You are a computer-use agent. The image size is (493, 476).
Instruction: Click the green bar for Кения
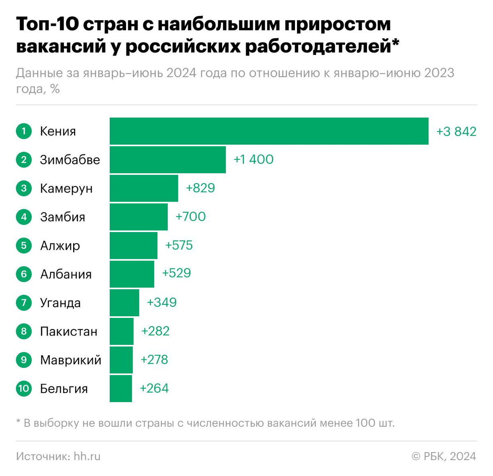(269, 131)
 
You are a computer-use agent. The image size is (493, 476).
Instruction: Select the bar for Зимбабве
(168, 160)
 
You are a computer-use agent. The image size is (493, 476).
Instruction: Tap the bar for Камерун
(144, 188)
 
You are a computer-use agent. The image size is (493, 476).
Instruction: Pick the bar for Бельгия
(121, 389)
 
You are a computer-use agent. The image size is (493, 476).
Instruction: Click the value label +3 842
(456, 131)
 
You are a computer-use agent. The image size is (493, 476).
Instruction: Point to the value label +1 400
(253, 159)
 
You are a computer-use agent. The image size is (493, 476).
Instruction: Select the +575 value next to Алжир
(179, 245)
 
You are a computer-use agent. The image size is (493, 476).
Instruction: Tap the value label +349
(161, 302)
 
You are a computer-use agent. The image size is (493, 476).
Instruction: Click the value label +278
(154, 360)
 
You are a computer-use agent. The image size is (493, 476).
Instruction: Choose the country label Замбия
(62, 217)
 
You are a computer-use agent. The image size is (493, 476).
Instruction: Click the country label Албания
(66, 274)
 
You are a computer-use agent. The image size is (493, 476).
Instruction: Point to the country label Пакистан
(69, 331)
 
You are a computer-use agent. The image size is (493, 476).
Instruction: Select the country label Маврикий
(71, 360)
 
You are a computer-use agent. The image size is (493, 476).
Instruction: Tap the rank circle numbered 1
(24, 131)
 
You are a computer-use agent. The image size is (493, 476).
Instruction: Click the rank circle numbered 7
(24, 303)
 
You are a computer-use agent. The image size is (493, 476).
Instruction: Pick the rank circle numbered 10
(24, 389)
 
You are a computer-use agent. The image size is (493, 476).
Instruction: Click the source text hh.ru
(87, 456)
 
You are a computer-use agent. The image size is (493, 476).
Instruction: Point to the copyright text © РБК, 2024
(444, 456)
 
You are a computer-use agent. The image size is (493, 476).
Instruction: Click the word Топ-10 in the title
(47, 25)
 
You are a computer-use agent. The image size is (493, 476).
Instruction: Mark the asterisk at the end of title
(395, 42)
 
